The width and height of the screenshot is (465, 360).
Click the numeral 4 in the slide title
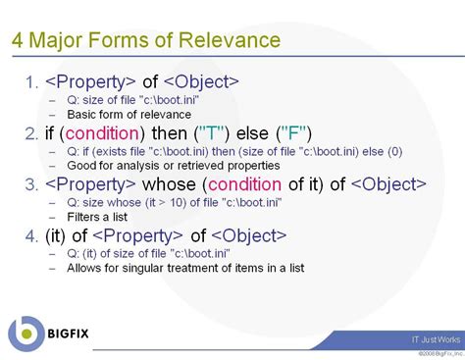[x=19, y=41]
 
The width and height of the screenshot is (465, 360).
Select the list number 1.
[x=28, y=80]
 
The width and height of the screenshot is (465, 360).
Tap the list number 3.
[x=28, y=183]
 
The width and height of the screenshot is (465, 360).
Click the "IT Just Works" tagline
[x=435, y=338]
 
